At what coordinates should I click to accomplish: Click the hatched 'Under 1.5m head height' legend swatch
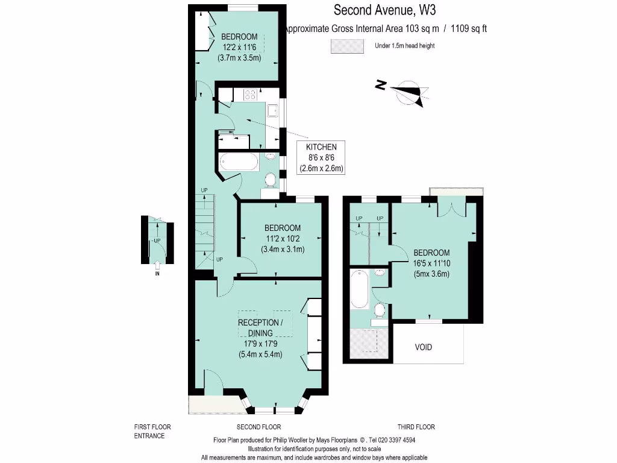[x=347, y=46]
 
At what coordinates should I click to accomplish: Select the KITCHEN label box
[x=322, y=158]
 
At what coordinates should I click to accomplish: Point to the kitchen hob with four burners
[x=250, y=94]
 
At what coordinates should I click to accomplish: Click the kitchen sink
[x=273, y=110]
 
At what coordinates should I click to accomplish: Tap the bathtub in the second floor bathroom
[x=239, y=161]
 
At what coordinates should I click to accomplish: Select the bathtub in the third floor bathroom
[x=359, y=288]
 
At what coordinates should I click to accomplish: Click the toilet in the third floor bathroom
[x=379, y=310]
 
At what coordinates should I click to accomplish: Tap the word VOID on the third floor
[x=424, y=347]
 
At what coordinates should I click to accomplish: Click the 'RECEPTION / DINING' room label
[x=260, y=327]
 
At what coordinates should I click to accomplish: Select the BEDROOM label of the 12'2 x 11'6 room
[x=239, y=36]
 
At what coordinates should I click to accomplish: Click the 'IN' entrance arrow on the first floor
[x=157, y=265]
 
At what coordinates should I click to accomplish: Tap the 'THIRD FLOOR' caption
[x=416, y=427]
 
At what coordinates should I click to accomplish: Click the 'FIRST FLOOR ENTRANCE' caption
[x=149, y=431]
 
